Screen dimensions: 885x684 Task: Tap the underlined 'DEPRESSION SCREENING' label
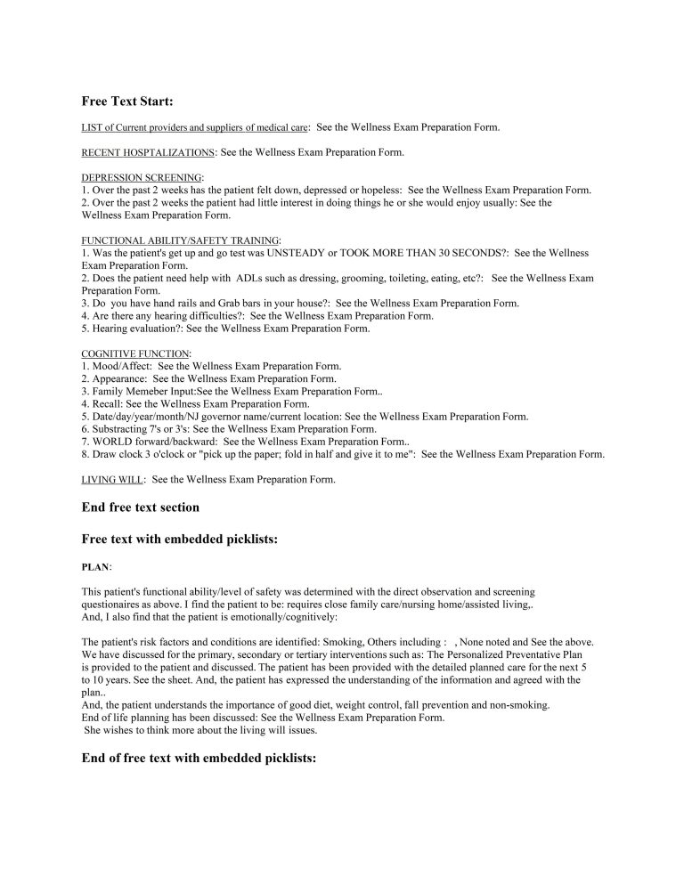tap(142, 178)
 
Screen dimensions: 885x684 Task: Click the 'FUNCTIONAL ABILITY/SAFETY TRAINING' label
tap(180, 240)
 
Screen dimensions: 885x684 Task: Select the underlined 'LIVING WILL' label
tap(112, 480)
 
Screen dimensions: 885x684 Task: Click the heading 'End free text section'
tap(140, 507)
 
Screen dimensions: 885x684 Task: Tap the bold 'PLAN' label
tap(95, 566)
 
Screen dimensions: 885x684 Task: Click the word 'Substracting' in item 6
tap(119, 428)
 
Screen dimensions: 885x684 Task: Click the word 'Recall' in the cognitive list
tap(108, 403)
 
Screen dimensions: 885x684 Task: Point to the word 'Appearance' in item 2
tap(119, 378)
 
